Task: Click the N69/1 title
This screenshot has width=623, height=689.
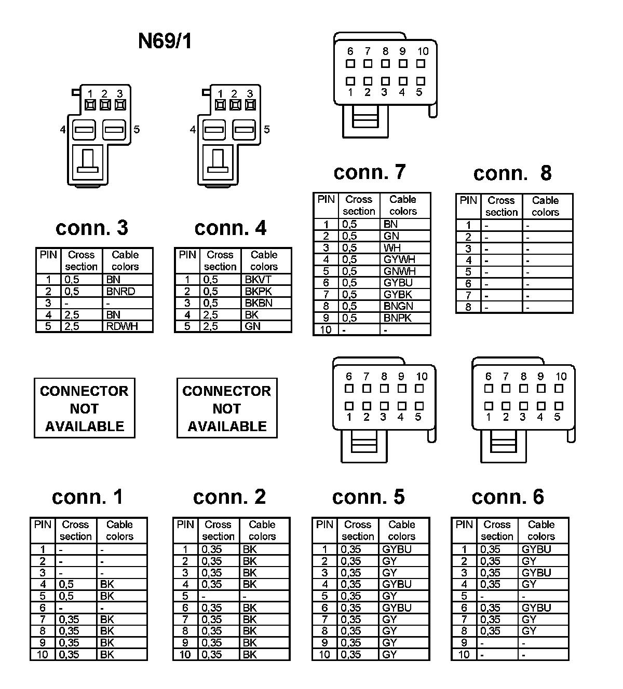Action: click(x=165, y=41)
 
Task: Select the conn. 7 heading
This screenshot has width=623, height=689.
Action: click(x=369, y=172)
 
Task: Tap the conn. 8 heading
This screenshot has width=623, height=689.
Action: click(x=512, y=173)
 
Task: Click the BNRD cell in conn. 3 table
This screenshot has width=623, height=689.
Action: click(x=120, y=292)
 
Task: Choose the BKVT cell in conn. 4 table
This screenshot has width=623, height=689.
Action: click(x=258, y=280)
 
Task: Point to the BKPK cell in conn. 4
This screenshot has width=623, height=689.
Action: click(x=258, y=292)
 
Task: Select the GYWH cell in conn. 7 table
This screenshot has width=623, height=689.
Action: click(x=399, y=259)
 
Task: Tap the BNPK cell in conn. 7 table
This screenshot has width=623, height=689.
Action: click(x=399, y=318)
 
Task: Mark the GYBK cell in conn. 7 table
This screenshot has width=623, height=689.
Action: click(x=398, y=295)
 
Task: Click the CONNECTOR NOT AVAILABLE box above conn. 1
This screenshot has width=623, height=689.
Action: click(x=84, y=408)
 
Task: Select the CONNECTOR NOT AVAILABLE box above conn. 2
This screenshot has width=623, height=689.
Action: click(x=227, y=408)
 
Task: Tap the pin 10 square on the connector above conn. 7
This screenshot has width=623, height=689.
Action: click(x=421, y=64)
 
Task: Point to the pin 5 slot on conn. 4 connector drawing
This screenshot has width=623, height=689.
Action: click(x=244, y=129)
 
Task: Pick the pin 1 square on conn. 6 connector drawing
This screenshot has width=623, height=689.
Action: click(x=488, y=406)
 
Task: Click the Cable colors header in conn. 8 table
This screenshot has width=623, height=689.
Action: click(x=545, y=206)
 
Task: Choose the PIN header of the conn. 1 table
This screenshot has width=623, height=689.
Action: click(x=43, y=525)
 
